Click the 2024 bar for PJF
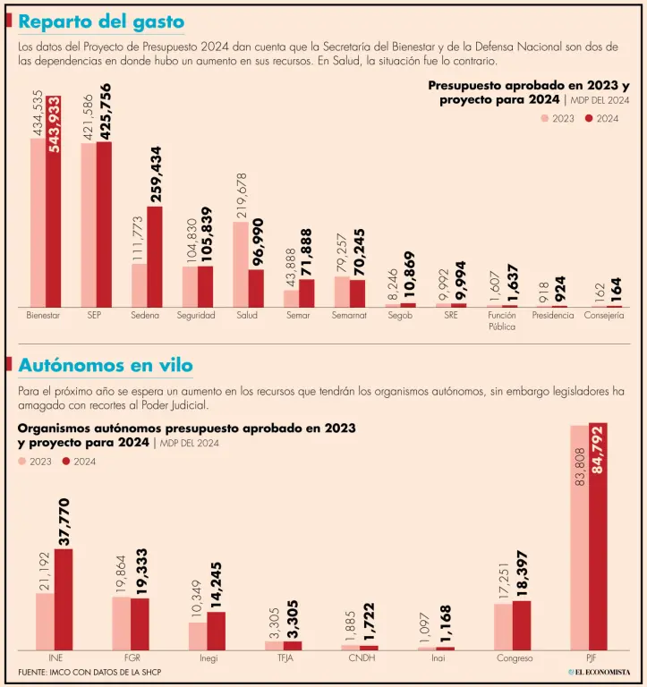coord(598,537)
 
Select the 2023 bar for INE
coord(45,621)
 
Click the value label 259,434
coord(156,174)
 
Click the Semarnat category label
coord(349,316)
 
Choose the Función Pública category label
coord(501,321)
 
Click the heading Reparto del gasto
coord(102,21)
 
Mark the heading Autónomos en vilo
coord(106,366)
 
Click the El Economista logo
coord(599,672)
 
